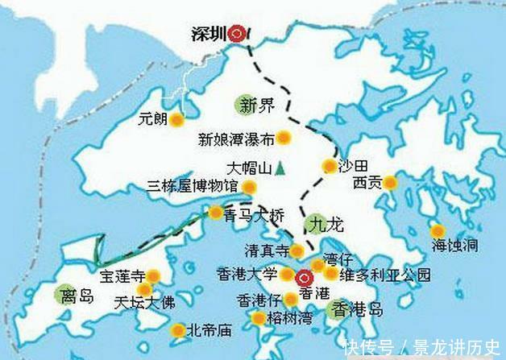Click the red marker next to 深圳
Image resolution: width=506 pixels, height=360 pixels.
(236, 34)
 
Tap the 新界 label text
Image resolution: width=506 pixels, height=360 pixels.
(257, 103)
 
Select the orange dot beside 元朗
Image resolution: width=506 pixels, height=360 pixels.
(178, 121)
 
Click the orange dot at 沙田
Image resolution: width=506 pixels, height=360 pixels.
(329, 167)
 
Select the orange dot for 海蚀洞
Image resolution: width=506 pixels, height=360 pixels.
(438, 230)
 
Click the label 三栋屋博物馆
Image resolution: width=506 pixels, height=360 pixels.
(193, 187)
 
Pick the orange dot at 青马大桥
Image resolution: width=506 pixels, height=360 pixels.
(216, 213)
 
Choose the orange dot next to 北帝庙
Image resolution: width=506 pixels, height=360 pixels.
(177, 330)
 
